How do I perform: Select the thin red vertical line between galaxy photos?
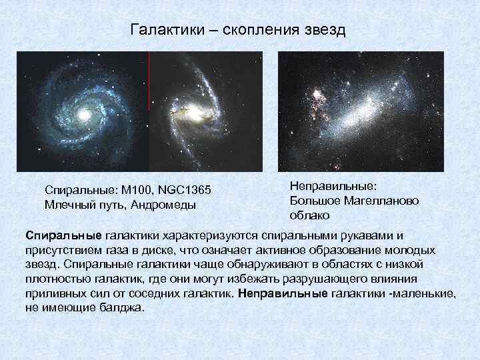point(148,80)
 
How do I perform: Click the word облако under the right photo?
point(309,215)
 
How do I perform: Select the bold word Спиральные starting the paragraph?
point(64,236)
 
